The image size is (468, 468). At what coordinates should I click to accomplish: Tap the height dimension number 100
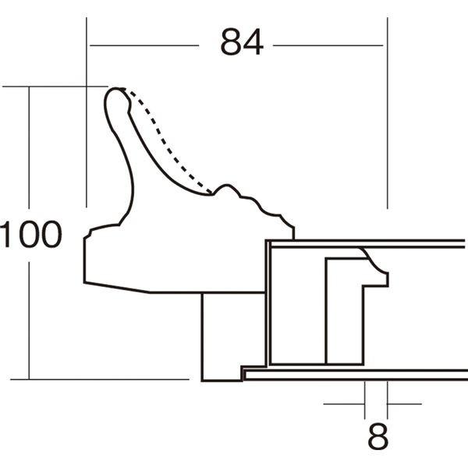tap(30, 235)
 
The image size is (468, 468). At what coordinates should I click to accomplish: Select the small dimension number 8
tap(378, 438)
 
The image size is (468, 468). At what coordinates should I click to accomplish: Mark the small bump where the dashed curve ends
tap(227, 188)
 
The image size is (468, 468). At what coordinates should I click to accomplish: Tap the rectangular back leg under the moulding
tap(222, 335)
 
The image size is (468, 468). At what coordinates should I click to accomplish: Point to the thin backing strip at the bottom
tap(351, 374)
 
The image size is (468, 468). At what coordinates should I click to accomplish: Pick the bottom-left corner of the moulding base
tap(85, 280)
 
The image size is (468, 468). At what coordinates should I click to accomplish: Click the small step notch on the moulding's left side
tap(90, 231)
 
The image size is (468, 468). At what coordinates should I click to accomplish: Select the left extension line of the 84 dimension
tap(86, 117)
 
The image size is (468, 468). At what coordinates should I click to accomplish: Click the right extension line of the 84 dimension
tap(387, 117)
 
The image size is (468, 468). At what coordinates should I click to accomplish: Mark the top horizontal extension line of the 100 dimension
tap(55, 86)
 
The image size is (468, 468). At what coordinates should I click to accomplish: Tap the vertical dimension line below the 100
tap(30, 320)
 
